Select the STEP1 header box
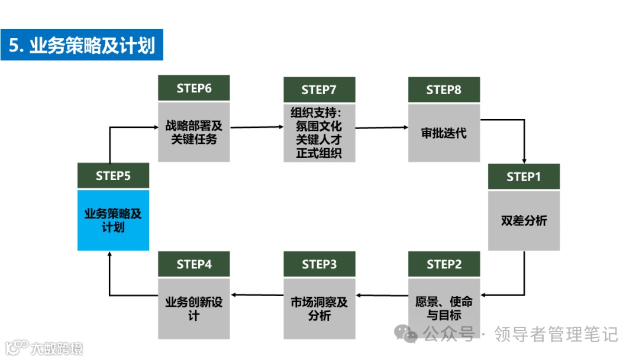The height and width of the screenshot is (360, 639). coord(524,176)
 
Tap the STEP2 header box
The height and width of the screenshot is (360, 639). coord(444,264)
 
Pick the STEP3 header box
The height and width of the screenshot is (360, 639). coord(319,264)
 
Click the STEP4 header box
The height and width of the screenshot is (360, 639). coord(193,264)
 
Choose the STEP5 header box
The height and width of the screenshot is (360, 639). coord(113,176)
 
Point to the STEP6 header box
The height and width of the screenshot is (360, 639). coord(193,88)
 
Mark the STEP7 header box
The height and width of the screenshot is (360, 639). coord(319,89)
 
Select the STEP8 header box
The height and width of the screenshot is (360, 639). coord(444,89)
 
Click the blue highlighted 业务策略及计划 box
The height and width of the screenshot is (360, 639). coord(113,220)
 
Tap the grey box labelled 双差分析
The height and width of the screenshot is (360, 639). coord(524,220)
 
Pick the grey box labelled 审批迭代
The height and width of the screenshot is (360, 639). coord(444,133)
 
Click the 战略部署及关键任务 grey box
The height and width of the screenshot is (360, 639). coord(193,132)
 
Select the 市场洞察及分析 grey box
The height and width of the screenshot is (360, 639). coord(319,308)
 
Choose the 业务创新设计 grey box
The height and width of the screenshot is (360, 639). coord(193,308)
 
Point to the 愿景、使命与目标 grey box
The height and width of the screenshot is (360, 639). coord(444,307)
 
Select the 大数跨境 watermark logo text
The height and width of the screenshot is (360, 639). coord(57,348)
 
